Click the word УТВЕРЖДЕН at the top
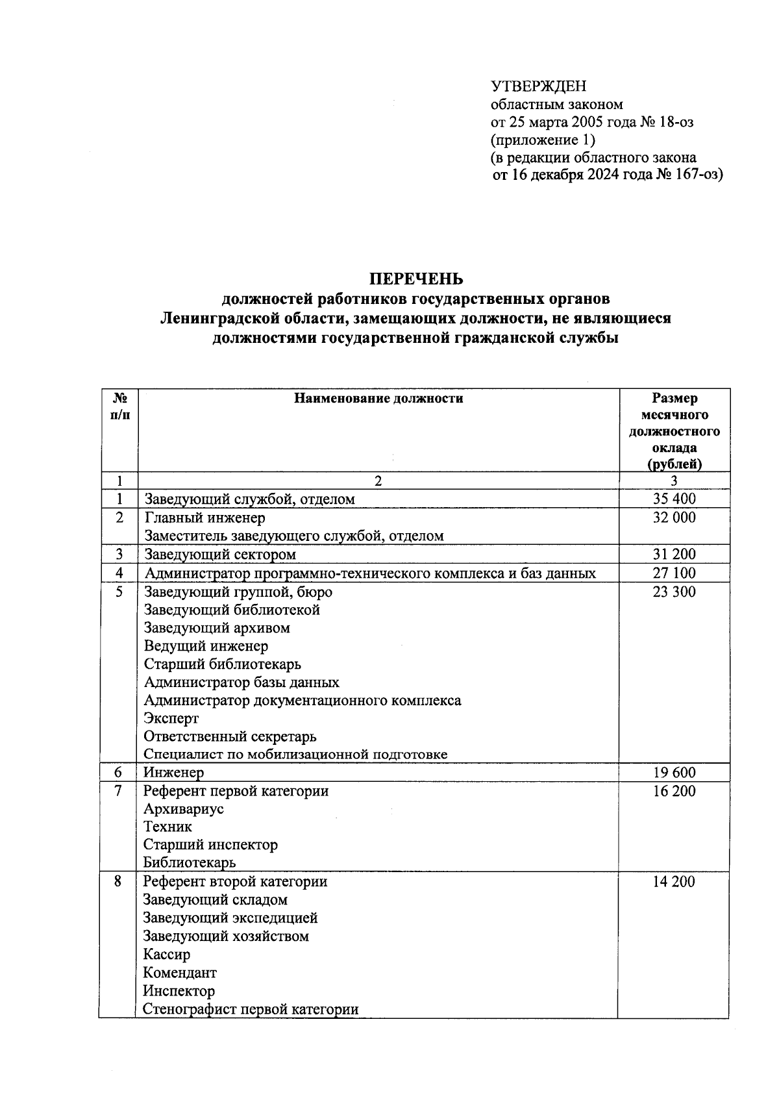(538, 86)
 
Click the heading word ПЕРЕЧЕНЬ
(416, 279)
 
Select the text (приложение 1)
(543, 140)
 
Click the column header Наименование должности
(378, 399)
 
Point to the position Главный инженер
(204, 518)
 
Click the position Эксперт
(171, 719)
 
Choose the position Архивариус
(183, 809)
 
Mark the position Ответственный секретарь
(230, 737)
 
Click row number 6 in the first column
(118, 773)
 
